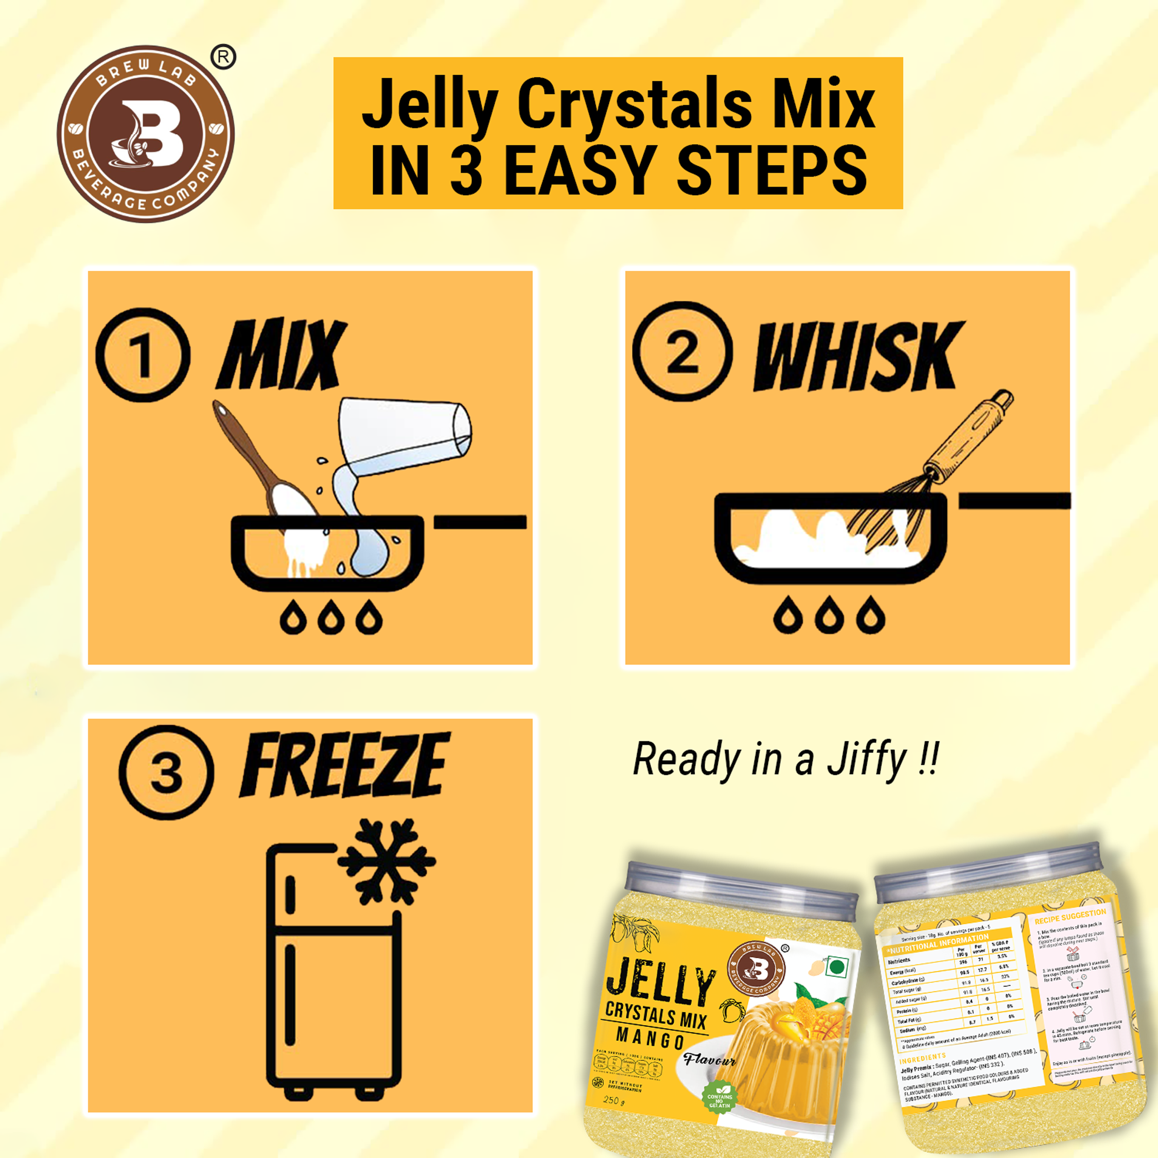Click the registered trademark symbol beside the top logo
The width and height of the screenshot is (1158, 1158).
point(223,58)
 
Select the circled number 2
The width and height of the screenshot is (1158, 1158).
point(682,351)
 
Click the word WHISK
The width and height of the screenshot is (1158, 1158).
point(857,356)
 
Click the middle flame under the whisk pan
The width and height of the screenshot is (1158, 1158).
point(829,615)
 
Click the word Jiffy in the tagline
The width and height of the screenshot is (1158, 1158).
point(866,760)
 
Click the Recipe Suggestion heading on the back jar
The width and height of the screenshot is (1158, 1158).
point(1070,917)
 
